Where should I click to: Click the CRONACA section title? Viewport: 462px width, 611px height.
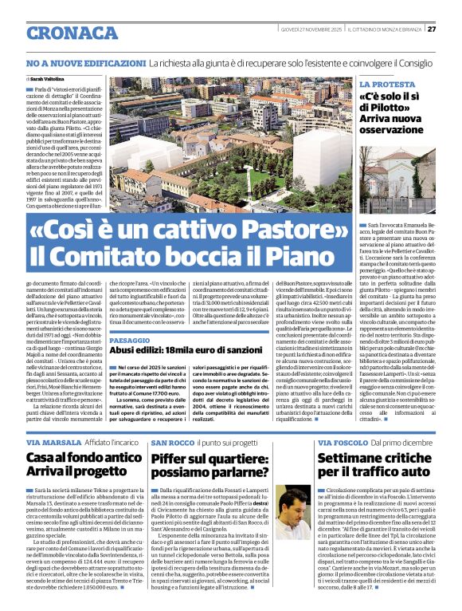click(72, 33)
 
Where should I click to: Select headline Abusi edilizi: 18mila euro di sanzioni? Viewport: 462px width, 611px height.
click(185, 349)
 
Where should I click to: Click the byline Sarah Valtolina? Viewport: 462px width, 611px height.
click(49, 79)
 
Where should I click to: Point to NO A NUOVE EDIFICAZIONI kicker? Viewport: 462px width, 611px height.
click(85, 62)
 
